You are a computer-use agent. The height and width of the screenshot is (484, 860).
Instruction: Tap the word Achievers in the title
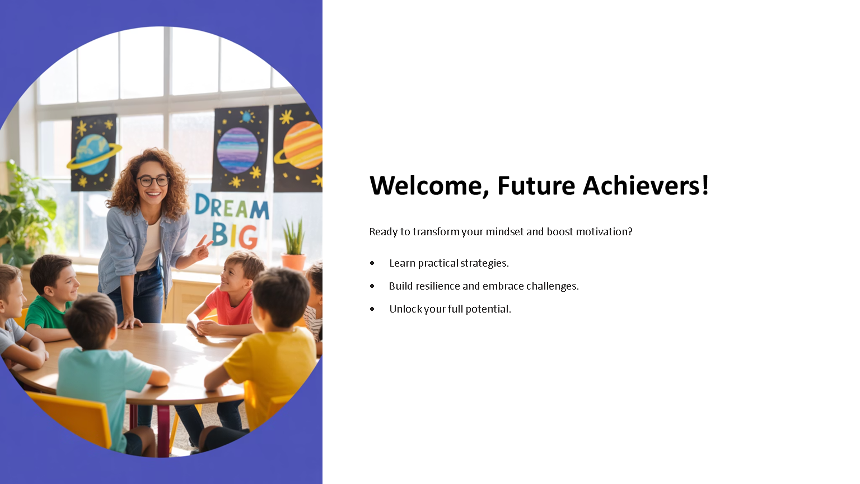point(646,185)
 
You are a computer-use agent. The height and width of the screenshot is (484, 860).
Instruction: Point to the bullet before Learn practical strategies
point(372,263)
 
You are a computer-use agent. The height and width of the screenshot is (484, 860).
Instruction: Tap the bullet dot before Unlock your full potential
point(372,309)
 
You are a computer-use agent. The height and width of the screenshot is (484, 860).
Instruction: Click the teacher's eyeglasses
point(153,180)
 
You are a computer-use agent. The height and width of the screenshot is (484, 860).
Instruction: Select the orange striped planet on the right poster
point(301,145)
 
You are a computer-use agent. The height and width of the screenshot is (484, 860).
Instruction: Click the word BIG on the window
point(234,235)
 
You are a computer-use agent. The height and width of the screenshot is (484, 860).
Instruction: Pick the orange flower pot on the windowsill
point(294,262)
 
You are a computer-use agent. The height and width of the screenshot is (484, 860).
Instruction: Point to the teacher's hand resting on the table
point(130,322)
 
